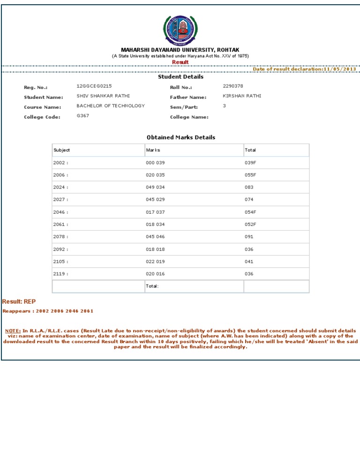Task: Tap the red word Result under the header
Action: [180, 62]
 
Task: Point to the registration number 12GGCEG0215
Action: [94, 86]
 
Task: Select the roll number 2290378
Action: [233, 86]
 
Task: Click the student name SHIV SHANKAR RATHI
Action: [103, 96]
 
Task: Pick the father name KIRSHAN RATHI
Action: [242, 96]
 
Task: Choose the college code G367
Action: [83, 115]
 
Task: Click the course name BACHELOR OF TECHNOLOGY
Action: [111, 105]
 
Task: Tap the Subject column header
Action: [62, 150]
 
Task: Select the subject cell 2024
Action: [60, 187]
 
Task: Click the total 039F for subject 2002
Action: [250, 163]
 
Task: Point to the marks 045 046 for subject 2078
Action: [156, 237]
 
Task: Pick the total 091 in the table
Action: [249, 237]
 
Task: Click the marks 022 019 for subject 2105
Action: [156, 262]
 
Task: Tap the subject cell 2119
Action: [60, 274]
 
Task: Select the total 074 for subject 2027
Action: [249, 200]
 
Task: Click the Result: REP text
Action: [19, 301]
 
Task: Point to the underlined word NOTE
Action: [13, 331]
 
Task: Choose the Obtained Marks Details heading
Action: [181, 137]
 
